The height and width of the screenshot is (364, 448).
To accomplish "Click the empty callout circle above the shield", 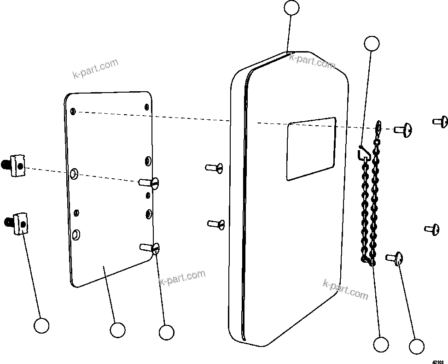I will pos(291,8).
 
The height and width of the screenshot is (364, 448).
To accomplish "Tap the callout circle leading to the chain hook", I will pos(372,43).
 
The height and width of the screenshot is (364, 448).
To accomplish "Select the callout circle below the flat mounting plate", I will pos(117,329).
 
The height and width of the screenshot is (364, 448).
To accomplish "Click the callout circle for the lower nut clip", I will pos(41,325).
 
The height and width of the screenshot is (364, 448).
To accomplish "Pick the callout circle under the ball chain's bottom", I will pos(381,344).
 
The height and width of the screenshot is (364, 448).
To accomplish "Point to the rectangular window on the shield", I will pos(311,149).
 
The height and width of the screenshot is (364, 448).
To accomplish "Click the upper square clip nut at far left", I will pos(17,164).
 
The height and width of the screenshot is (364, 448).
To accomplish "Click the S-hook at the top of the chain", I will pos(363,152).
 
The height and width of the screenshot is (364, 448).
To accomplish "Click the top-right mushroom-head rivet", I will pos(441,122).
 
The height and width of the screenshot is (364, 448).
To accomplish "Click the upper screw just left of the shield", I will pos(215,168).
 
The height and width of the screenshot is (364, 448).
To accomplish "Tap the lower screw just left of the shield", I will pos(216,224).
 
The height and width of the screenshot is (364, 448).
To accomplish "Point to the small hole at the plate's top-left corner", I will pos(73,111).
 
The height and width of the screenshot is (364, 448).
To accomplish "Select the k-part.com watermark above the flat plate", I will pos(95,69).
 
